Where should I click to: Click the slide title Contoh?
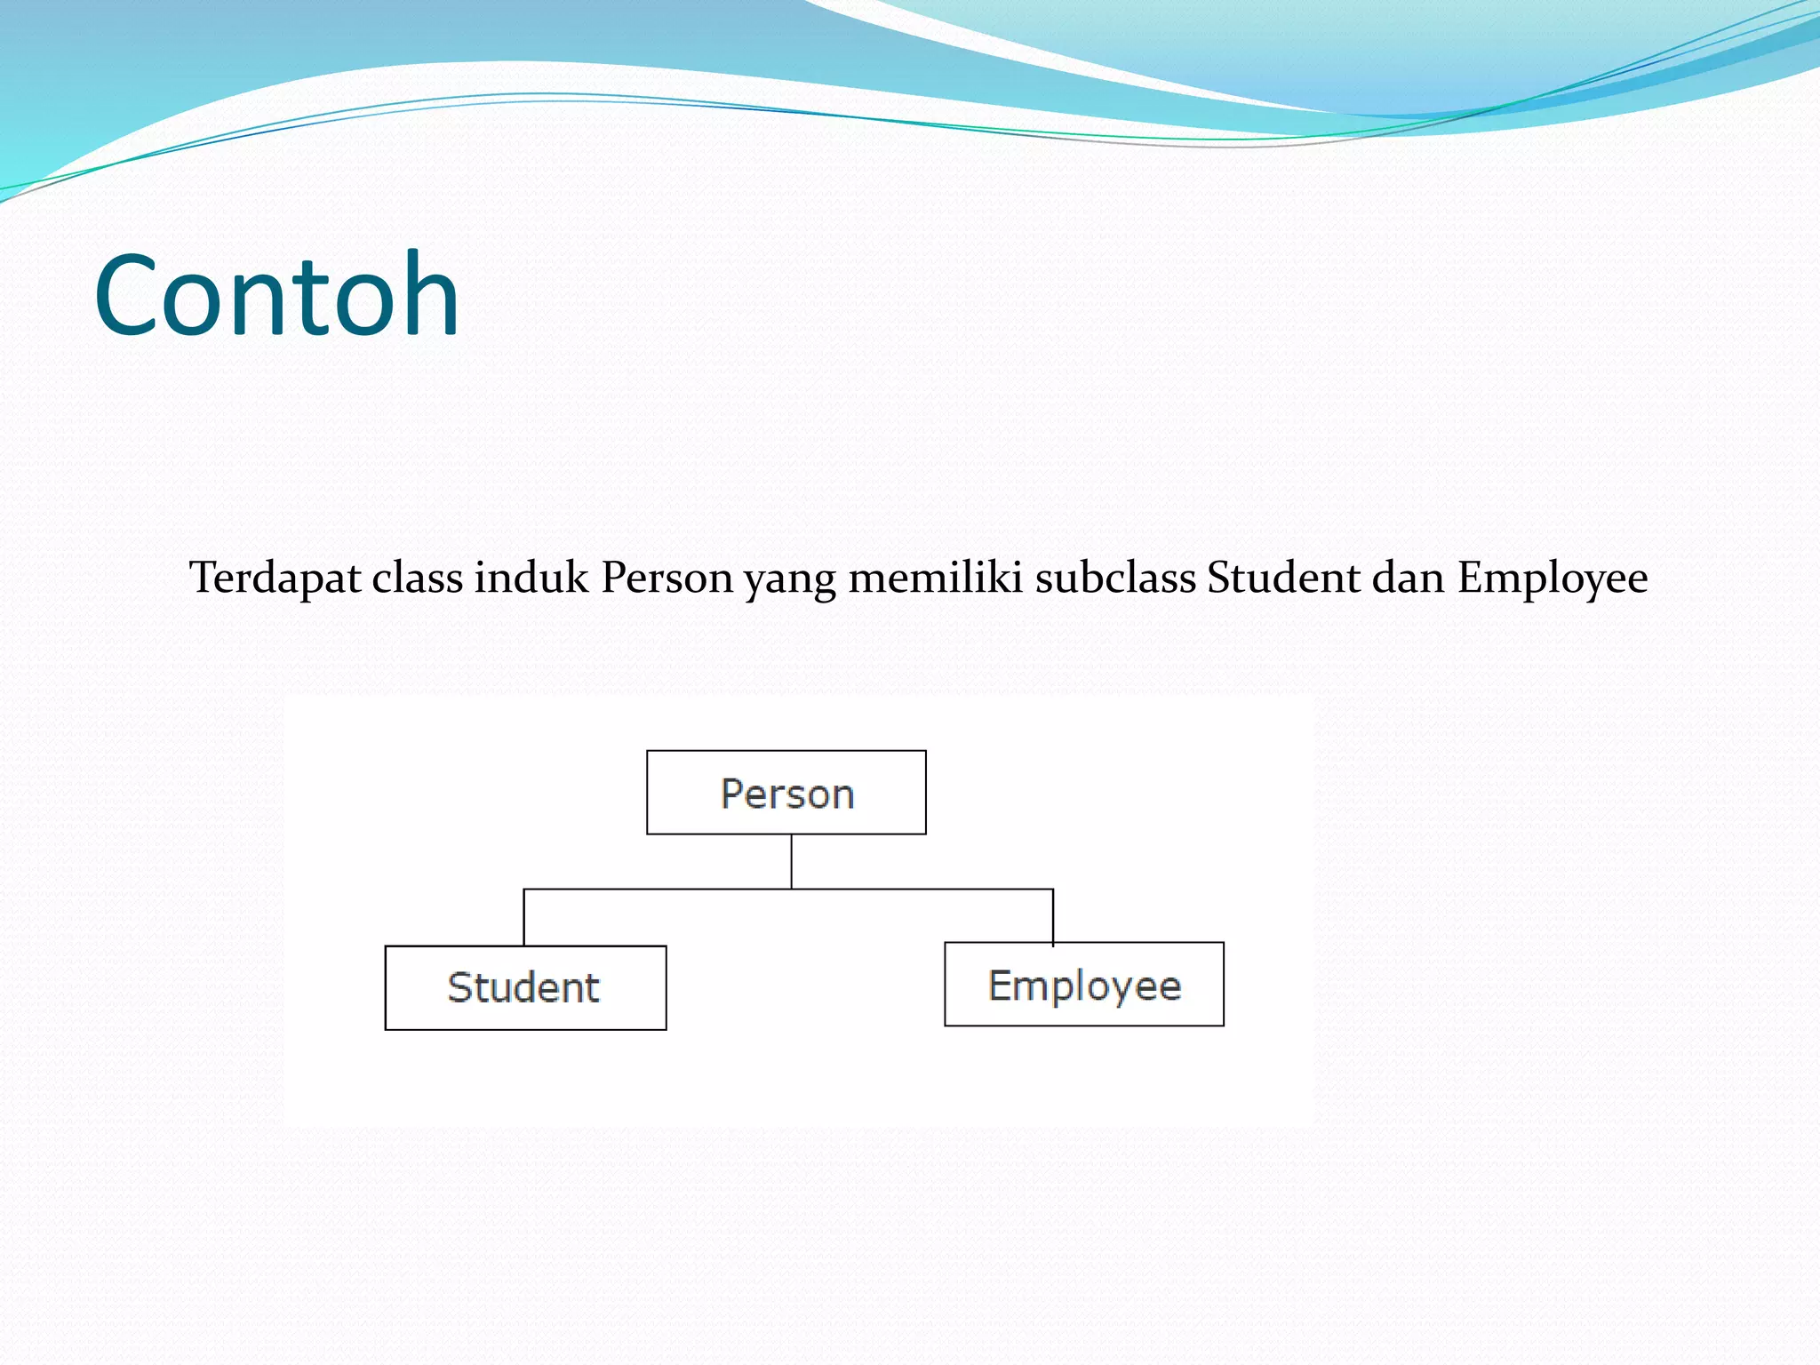(276, 295)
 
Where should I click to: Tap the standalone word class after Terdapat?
(417, 579)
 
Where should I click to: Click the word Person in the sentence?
(667, 579)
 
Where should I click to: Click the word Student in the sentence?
(1283, 579)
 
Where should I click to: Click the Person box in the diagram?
(786, 793)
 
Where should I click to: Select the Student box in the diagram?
(525, 987)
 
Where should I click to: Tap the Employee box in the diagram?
(1084, 985)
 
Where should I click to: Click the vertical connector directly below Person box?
(791, 861)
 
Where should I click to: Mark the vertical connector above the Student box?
(523, 917)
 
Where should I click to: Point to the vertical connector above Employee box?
(1053, 915)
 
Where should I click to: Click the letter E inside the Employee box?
(1000, 985)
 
